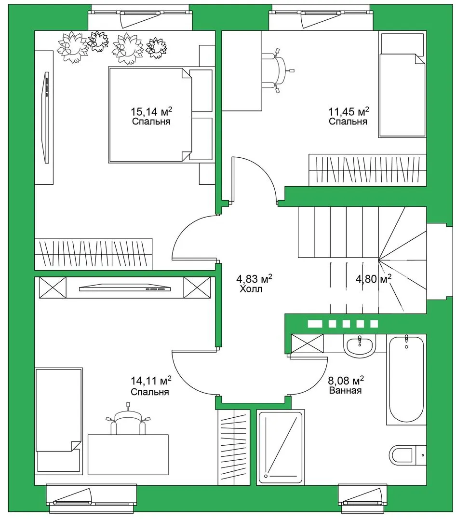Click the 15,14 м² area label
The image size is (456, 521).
pyautogui.click(x=151, y=111)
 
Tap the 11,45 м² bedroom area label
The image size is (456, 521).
pyautogui.click(x=349, y=111)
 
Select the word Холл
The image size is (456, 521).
pyautogui.click(x=251, y=289)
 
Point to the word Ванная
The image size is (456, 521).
pyautogui.click(x=346, y=390)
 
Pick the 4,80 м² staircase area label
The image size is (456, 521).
pyautogui.click(x=373, y=279)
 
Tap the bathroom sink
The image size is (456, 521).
pyautogui.click(x=360, y=346)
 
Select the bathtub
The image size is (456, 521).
pyautogui.click(x=406, y=380)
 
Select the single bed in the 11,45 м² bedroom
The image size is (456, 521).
pyautogui.click(x=402, y=84)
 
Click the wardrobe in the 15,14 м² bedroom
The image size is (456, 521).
pyautogui.click(x=94, y=254)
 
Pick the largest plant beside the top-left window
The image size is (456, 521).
pyautogui.click(x=73, y=47)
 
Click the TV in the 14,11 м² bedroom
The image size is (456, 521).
pyautogui.click(x=125, y=288)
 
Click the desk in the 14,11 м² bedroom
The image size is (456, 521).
pyautogui.click(x=128, y=454)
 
